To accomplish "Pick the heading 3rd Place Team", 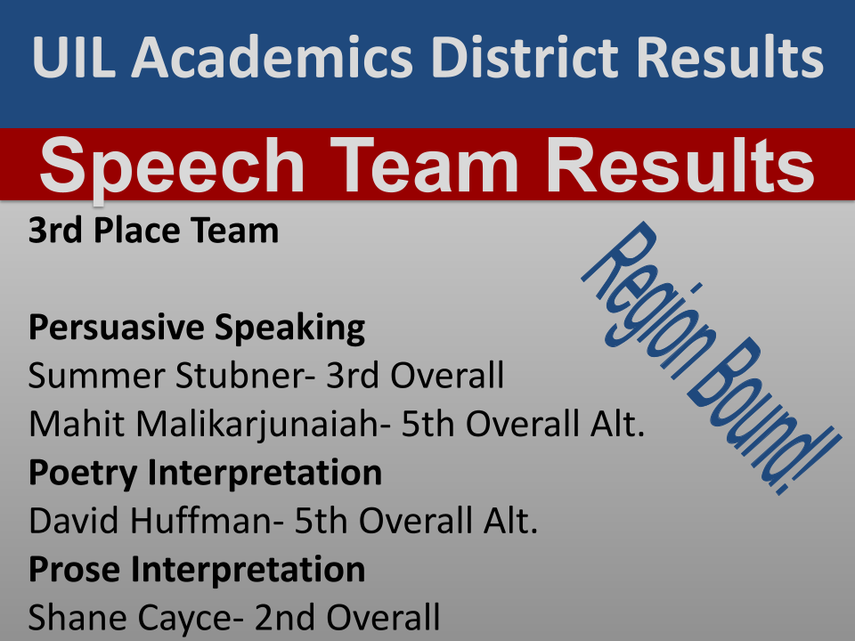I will click(x=153, y=231).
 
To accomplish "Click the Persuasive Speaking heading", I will click(x=197, y=329).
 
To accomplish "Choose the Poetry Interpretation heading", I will click(x=205, y=473).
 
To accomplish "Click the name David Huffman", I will click(x=147, y=521).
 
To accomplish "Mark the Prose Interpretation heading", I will click(x=197, y=569).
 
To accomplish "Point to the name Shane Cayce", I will click(x=125, y=616).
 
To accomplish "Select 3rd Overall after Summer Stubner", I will click(x=415, y=377).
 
